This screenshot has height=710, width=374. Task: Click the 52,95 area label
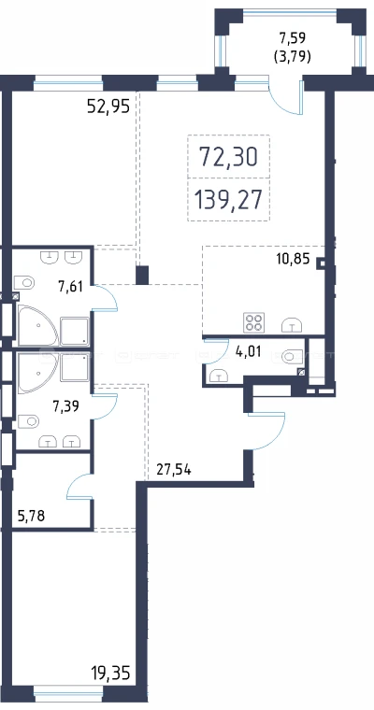point(108,106)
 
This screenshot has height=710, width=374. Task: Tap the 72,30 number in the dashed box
point(228,157)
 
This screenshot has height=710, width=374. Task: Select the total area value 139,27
point(228,200)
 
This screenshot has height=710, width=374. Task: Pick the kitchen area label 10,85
point(293,260)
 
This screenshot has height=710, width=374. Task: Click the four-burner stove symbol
point(254,322)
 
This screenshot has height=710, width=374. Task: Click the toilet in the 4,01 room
point(292,356)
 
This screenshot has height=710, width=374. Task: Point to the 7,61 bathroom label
point(70,286)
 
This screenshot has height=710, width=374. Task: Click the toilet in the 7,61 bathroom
point(24,283)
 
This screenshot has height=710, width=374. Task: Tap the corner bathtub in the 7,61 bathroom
point(38,326)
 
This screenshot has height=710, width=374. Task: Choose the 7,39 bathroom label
point(65,406)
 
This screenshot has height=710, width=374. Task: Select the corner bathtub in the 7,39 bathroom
point(38,373)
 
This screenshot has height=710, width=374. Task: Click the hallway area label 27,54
point(174,470)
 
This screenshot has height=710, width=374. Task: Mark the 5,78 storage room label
point(31,516)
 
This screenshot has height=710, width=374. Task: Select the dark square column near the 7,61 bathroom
point(142,276)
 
